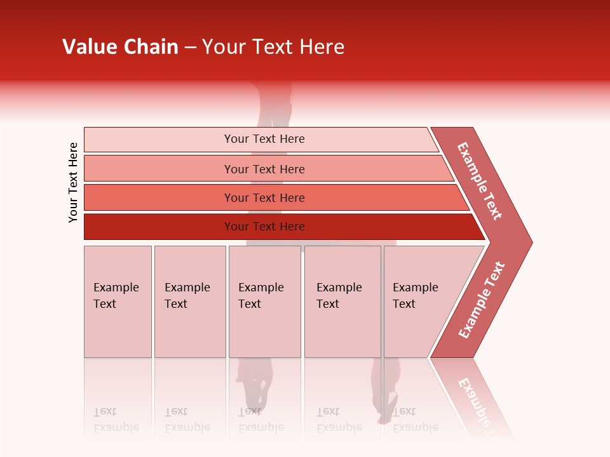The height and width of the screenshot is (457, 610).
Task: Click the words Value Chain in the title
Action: click(120, 47)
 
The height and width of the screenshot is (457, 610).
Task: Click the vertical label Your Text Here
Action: click(73, 182)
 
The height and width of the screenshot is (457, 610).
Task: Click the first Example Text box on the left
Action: click(118, 301)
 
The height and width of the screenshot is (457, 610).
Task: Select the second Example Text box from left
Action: click(189, 301)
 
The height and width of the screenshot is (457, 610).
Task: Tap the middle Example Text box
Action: click(264, 301)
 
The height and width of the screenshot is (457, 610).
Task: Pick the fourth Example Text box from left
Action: click(342, 301)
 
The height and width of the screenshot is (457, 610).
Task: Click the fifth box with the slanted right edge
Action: click(419, 301)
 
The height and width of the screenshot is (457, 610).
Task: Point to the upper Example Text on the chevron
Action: click(480, 181)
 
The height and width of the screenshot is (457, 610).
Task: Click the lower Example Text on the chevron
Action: click(481, 300)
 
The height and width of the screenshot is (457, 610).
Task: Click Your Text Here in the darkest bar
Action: click(264, 227)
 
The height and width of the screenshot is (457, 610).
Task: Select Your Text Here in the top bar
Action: click(264, 139)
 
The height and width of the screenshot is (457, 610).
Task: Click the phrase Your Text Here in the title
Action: click(273, 47)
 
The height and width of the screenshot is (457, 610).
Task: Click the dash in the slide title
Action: click(190, 48)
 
